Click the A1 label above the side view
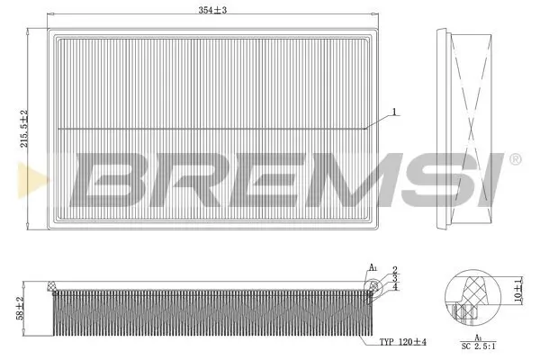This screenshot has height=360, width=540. pyautogui.click(x=372, y=267)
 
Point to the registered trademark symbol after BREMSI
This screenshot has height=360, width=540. pyautogui.click(x=514, y=160)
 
